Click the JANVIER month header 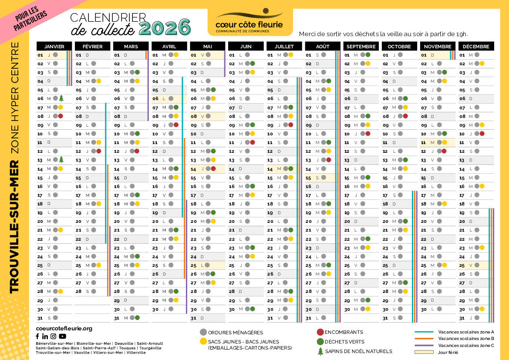pyautogui.click(x=54, y=47)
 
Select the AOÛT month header pyautogui.click(x=323, y=47)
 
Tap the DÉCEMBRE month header pyautogui.click(x=476, y=47)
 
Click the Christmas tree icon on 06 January pyautogui.click(x=61, y=98)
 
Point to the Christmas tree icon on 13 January pyautogui.click(x=61, y=160)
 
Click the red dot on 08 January pyautogui.click(x=61, y=116)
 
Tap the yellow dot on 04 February pyautogui.click(x=99, y=81)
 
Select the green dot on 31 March pyautogui.click(x=137, y=318)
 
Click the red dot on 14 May pyautogui.click(x=213, y=168)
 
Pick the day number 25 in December pyautogui.click(x=462, y=265)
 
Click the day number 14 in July pyautogui.click(x=270, y=168)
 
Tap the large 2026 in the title pyautogui.click(x=165, y=28)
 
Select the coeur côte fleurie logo pyautogui.click(x=249, y=22)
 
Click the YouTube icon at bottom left pyautogui.click(x=63, y=336)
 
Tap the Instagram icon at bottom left pyautogui.click(x=53, y=336)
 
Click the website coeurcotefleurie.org pyautogui.click(x=64, y=328)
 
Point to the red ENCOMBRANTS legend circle pyautogui.click(x=320, y=332)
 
